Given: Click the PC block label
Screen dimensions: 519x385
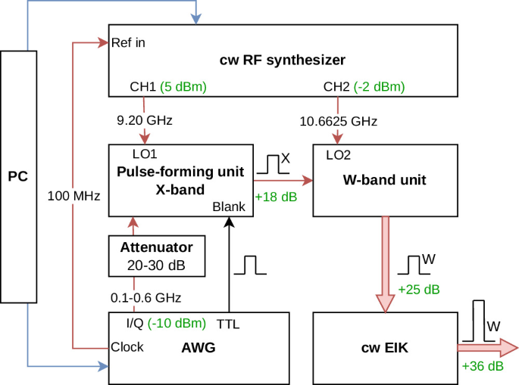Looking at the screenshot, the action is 18,176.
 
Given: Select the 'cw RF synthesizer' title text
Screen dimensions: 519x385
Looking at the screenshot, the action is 283,61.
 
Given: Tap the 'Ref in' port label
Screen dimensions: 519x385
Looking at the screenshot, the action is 128,42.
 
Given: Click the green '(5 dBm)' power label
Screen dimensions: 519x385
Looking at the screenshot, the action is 183,86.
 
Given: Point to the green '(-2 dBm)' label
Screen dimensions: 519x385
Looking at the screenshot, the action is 380,86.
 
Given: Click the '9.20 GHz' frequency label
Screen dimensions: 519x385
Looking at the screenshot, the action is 145,120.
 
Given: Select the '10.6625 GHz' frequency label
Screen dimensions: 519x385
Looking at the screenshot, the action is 338,121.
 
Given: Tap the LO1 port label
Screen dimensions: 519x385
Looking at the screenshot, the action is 145,154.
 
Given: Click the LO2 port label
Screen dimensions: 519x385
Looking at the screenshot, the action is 338,155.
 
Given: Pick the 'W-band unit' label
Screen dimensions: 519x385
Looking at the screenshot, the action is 385,180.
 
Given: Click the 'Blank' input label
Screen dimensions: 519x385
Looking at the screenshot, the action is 229,206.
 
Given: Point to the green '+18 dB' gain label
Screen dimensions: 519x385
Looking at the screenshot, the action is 276,197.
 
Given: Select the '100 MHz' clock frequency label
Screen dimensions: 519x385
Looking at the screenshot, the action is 73,196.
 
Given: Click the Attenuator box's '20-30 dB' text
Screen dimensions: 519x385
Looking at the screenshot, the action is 156,265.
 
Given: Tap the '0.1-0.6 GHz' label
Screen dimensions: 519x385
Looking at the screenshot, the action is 145,298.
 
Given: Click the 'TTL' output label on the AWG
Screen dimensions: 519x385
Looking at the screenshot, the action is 228,324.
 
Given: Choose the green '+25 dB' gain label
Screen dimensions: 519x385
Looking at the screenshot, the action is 419,290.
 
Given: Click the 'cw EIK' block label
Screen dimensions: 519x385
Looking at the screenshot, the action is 385,348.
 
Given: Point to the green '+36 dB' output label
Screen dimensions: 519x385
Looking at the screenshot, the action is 483,366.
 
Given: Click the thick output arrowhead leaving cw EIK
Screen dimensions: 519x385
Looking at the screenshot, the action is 509,348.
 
